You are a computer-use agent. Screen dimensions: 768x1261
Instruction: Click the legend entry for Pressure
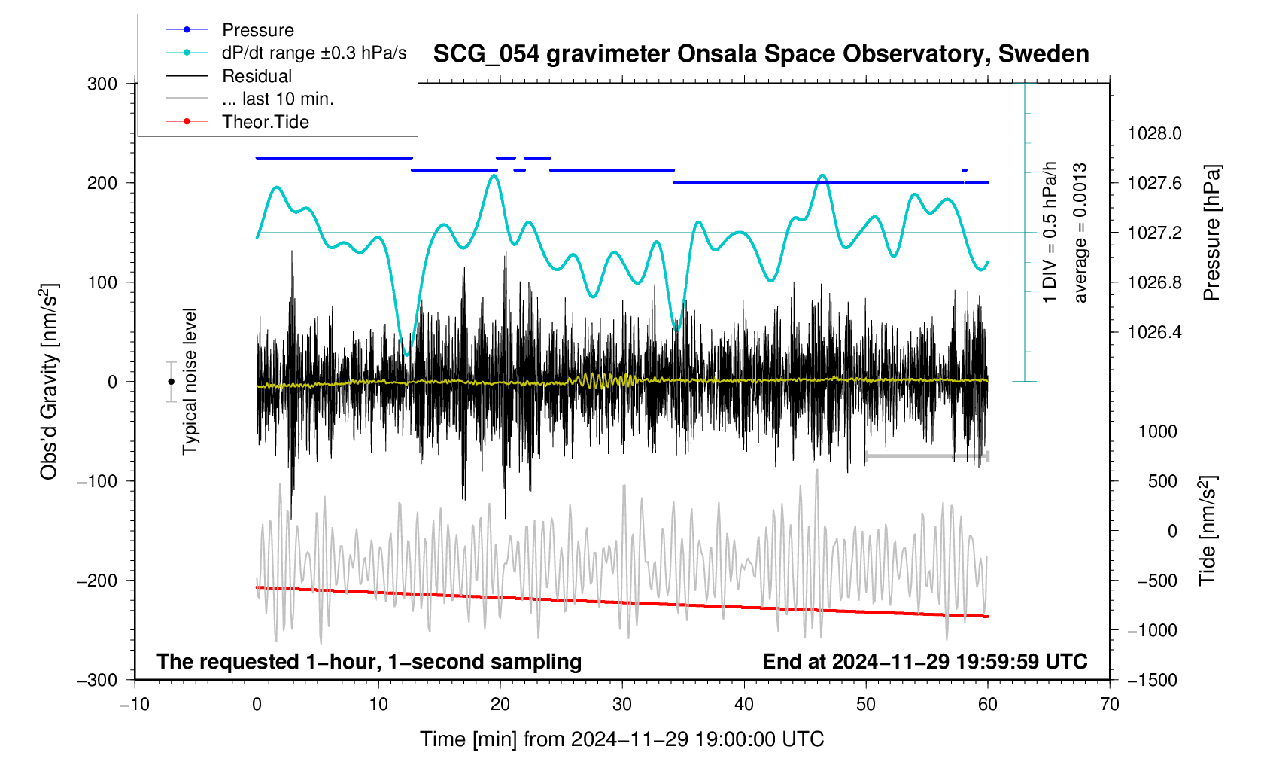pos(257,30)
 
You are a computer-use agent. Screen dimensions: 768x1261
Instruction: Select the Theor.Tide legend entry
pos(265,122)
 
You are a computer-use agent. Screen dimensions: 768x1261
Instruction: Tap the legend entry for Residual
pos(257,76)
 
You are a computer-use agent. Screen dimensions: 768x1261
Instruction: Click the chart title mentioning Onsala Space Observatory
pos(761,54)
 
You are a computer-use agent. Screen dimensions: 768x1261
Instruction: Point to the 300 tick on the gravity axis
pos(102,84)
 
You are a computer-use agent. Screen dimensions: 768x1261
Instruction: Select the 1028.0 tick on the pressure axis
pos(1154,134)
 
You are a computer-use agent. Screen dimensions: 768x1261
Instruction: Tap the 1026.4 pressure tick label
pos(1154,333)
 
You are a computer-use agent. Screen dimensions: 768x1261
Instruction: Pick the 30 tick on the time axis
pos(622,705)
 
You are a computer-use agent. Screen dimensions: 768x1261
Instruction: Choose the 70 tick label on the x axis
pos(1109,705)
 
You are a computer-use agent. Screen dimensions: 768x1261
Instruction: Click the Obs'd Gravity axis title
pos(50,382)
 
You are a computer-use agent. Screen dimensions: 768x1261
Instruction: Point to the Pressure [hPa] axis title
pos(1211,233)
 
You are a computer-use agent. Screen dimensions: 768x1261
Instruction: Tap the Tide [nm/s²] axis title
pos(1208,531)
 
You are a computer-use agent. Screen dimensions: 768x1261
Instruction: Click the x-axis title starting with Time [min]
pos(621,739)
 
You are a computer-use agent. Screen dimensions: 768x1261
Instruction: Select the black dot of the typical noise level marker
pos(172,382)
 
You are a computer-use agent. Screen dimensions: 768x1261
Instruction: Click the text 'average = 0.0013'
pos(1080,233)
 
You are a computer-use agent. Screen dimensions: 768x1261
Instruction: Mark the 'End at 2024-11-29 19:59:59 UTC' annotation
pos(925,662)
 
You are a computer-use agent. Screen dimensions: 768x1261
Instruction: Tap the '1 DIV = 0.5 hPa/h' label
pos(1050,233)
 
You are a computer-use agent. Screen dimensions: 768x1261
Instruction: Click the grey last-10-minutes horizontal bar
pos(926,456)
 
